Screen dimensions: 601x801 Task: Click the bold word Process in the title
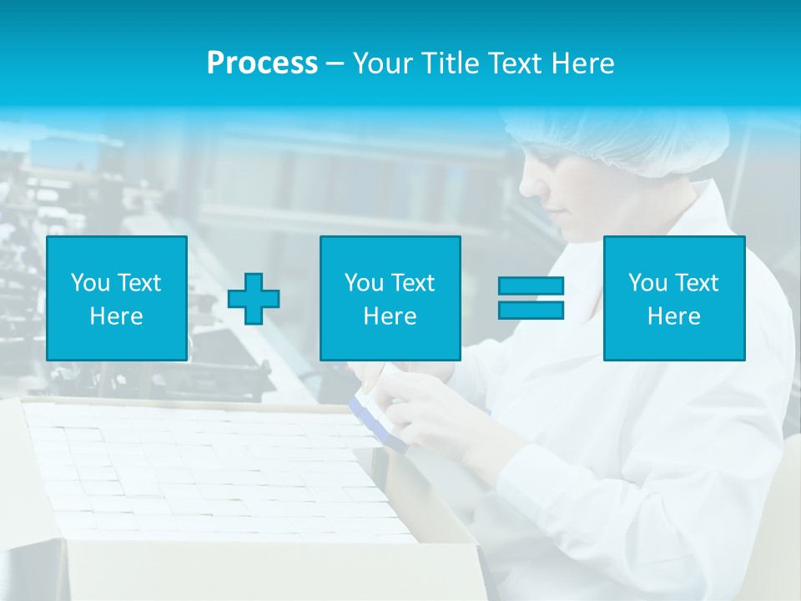(262, 63)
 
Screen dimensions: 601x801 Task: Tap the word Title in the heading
(450, 63)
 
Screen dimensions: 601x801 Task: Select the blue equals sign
(531, 298)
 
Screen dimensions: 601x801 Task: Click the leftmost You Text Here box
(116, 298)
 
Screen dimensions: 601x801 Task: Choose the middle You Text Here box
(390, 298)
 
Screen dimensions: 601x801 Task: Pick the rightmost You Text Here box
(673, 298)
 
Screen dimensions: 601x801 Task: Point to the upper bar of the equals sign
(531, 286)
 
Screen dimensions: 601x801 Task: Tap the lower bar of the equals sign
(531, 310)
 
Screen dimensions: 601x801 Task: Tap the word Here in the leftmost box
(116, 316)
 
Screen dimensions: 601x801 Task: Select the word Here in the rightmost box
(673, 316)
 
